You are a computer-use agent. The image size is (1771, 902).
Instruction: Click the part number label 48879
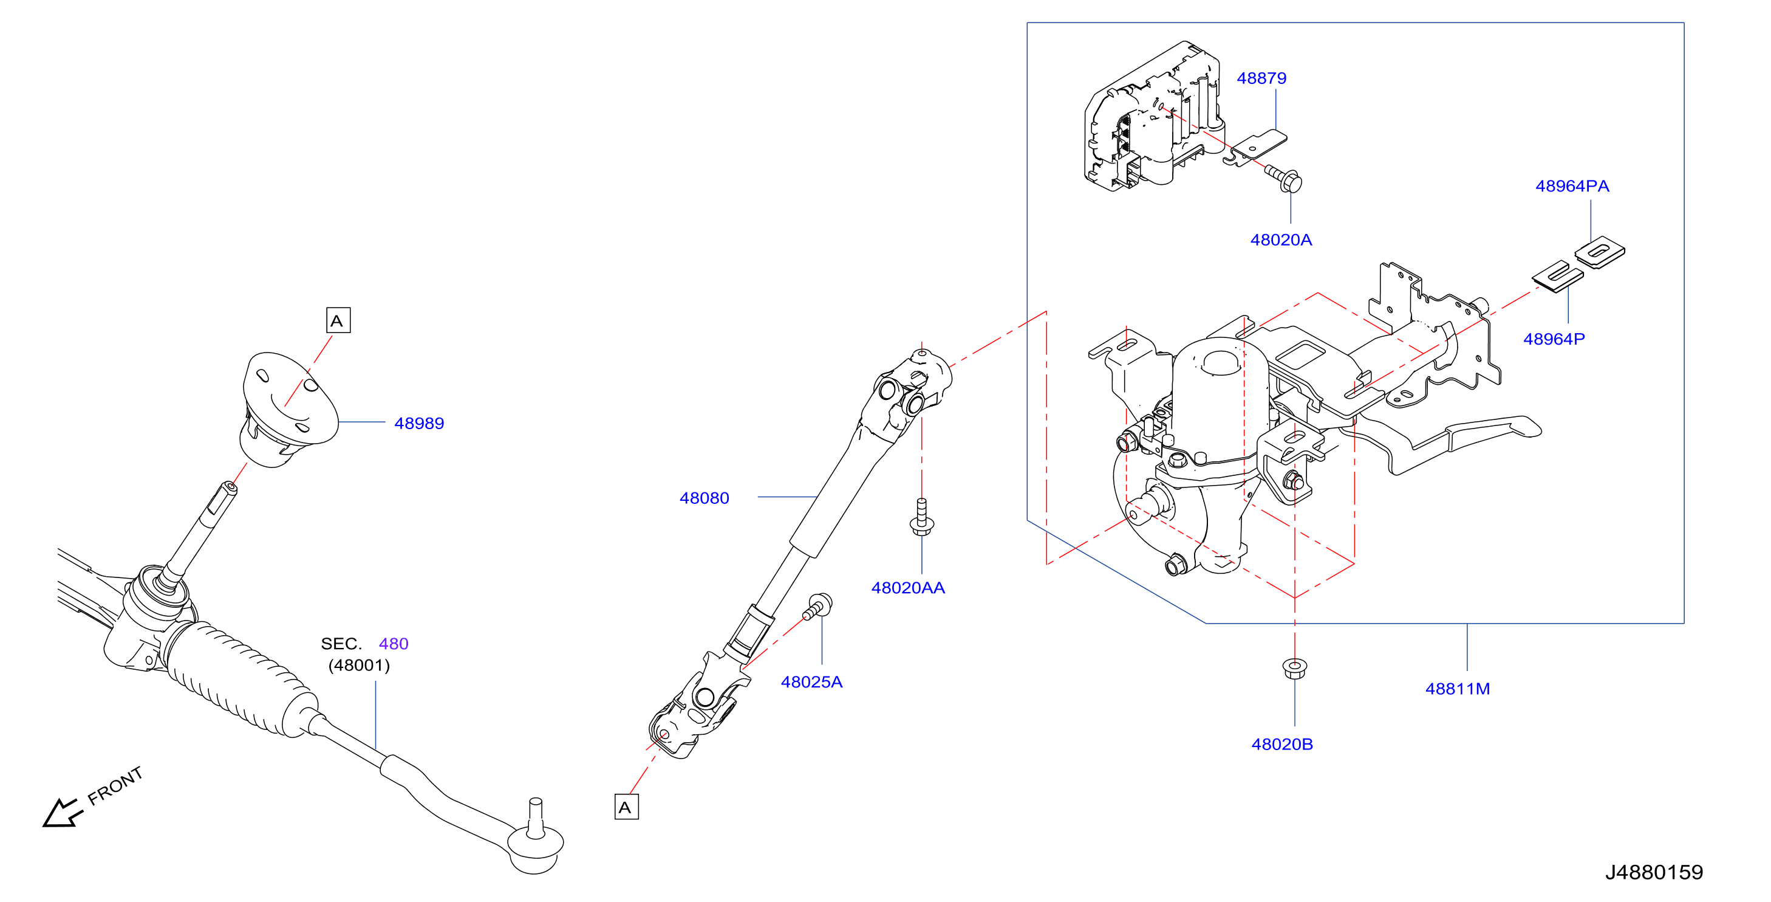coord(1261,78)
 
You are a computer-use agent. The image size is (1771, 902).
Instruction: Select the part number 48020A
coord(1281,240)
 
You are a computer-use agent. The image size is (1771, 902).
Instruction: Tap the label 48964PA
coord(1572,187)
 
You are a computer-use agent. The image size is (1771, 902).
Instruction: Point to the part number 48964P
coord(1554,339)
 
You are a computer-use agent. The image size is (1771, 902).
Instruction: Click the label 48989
coord(418,424)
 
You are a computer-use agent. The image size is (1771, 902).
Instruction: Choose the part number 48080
coord(704,498)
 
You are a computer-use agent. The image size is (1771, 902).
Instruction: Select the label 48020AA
coord(907,588)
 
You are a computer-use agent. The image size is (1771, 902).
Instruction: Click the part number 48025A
coord(811,683)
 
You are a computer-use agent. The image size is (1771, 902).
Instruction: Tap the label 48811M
coord(1458,689)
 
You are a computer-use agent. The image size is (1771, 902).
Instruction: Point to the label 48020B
coord(1282,745)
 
